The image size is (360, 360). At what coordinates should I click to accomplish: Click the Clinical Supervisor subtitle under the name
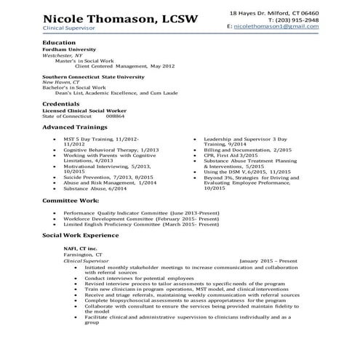[x=65, y=28]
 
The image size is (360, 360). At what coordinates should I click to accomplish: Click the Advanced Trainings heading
[x=73, y=128]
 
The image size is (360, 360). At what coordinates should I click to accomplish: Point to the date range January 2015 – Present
[x=268, y=260]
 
